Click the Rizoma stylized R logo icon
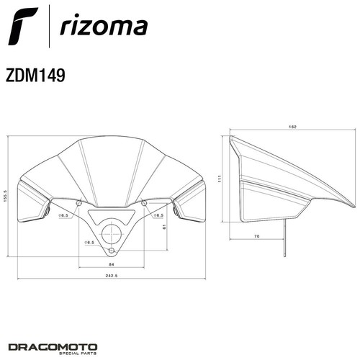[x=23, y=26]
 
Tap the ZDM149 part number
[x=35, y=75]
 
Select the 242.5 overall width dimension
[x=112, y=276]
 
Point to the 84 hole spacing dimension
[x=112, y=264]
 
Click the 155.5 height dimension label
[x=6, y=196]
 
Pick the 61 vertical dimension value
[x=164, y=226]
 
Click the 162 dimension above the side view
[x=293, y=127]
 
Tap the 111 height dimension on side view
[x=219, y=179]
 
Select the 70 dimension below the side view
[x=257, y=236]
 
